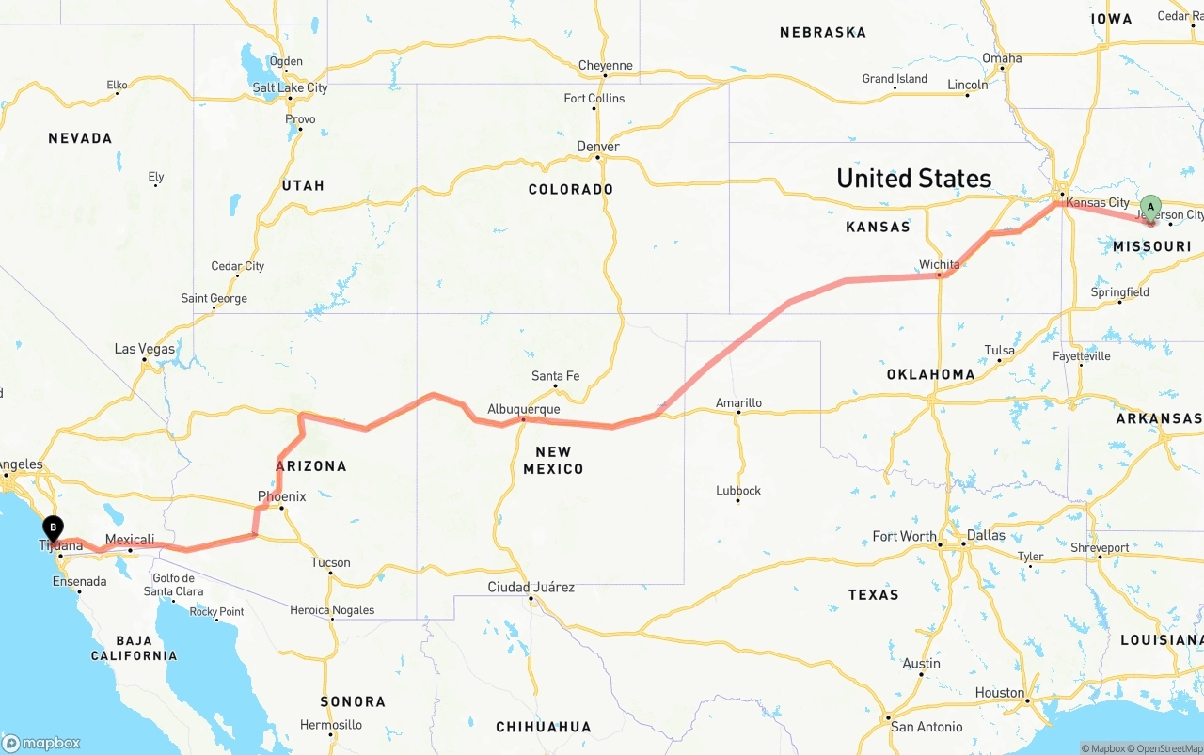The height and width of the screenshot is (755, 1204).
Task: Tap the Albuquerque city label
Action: (523, 409)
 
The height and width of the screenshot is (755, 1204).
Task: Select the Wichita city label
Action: (939, 264)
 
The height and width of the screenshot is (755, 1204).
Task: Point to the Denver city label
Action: (598, 147)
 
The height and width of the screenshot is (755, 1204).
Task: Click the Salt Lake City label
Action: (290, 87)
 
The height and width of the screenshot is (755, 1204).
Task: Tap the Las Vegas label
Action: (145, 349)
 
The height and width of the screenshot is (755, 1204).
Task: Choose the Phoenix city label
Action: (281, 496)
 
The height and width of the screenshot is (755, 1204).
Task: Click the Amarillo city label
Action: (738, 403)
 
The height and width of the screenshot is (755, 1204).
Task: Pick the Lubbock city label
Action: (737, 491)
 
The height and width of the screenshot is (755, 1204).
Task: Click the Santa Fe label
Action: (555, 376)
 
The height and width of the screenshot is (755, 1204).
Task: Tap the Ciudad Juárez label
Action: (531, 588)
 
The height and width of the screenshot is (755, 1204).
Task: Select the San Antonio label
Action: (927, 727)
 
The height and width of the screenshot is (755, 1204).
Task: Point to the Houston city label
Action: (999, 693)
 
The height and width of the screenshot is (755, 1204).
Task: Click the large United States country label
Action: (913, 178)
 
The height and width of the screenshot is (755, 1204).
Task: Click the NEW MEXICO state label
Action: (553, 460)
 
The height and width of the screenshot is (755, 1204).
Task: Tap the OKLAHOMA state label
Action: (930, 374)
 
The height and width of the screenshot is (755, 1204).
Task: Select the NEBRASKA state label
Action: (822, 33)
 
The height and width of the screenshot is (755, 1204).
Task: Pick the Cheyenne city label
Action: (605, 66)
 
